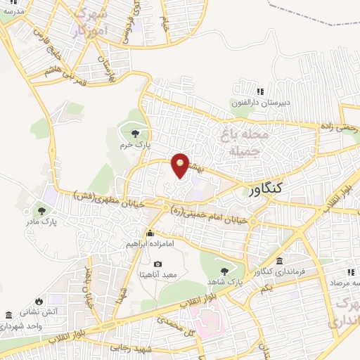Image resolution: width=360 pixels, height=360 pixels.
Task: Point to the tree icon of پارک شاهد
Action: click(224, 271)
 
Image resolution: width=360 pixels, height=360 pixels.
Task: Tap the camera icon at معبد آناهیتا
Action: click(157, 264)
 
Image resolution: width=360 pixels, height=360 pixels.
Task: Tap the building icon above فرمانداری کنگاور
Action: click(281, 261)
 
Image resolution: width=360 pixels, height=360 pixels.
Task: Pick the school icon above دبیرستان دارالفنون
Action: click(260, 91)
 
